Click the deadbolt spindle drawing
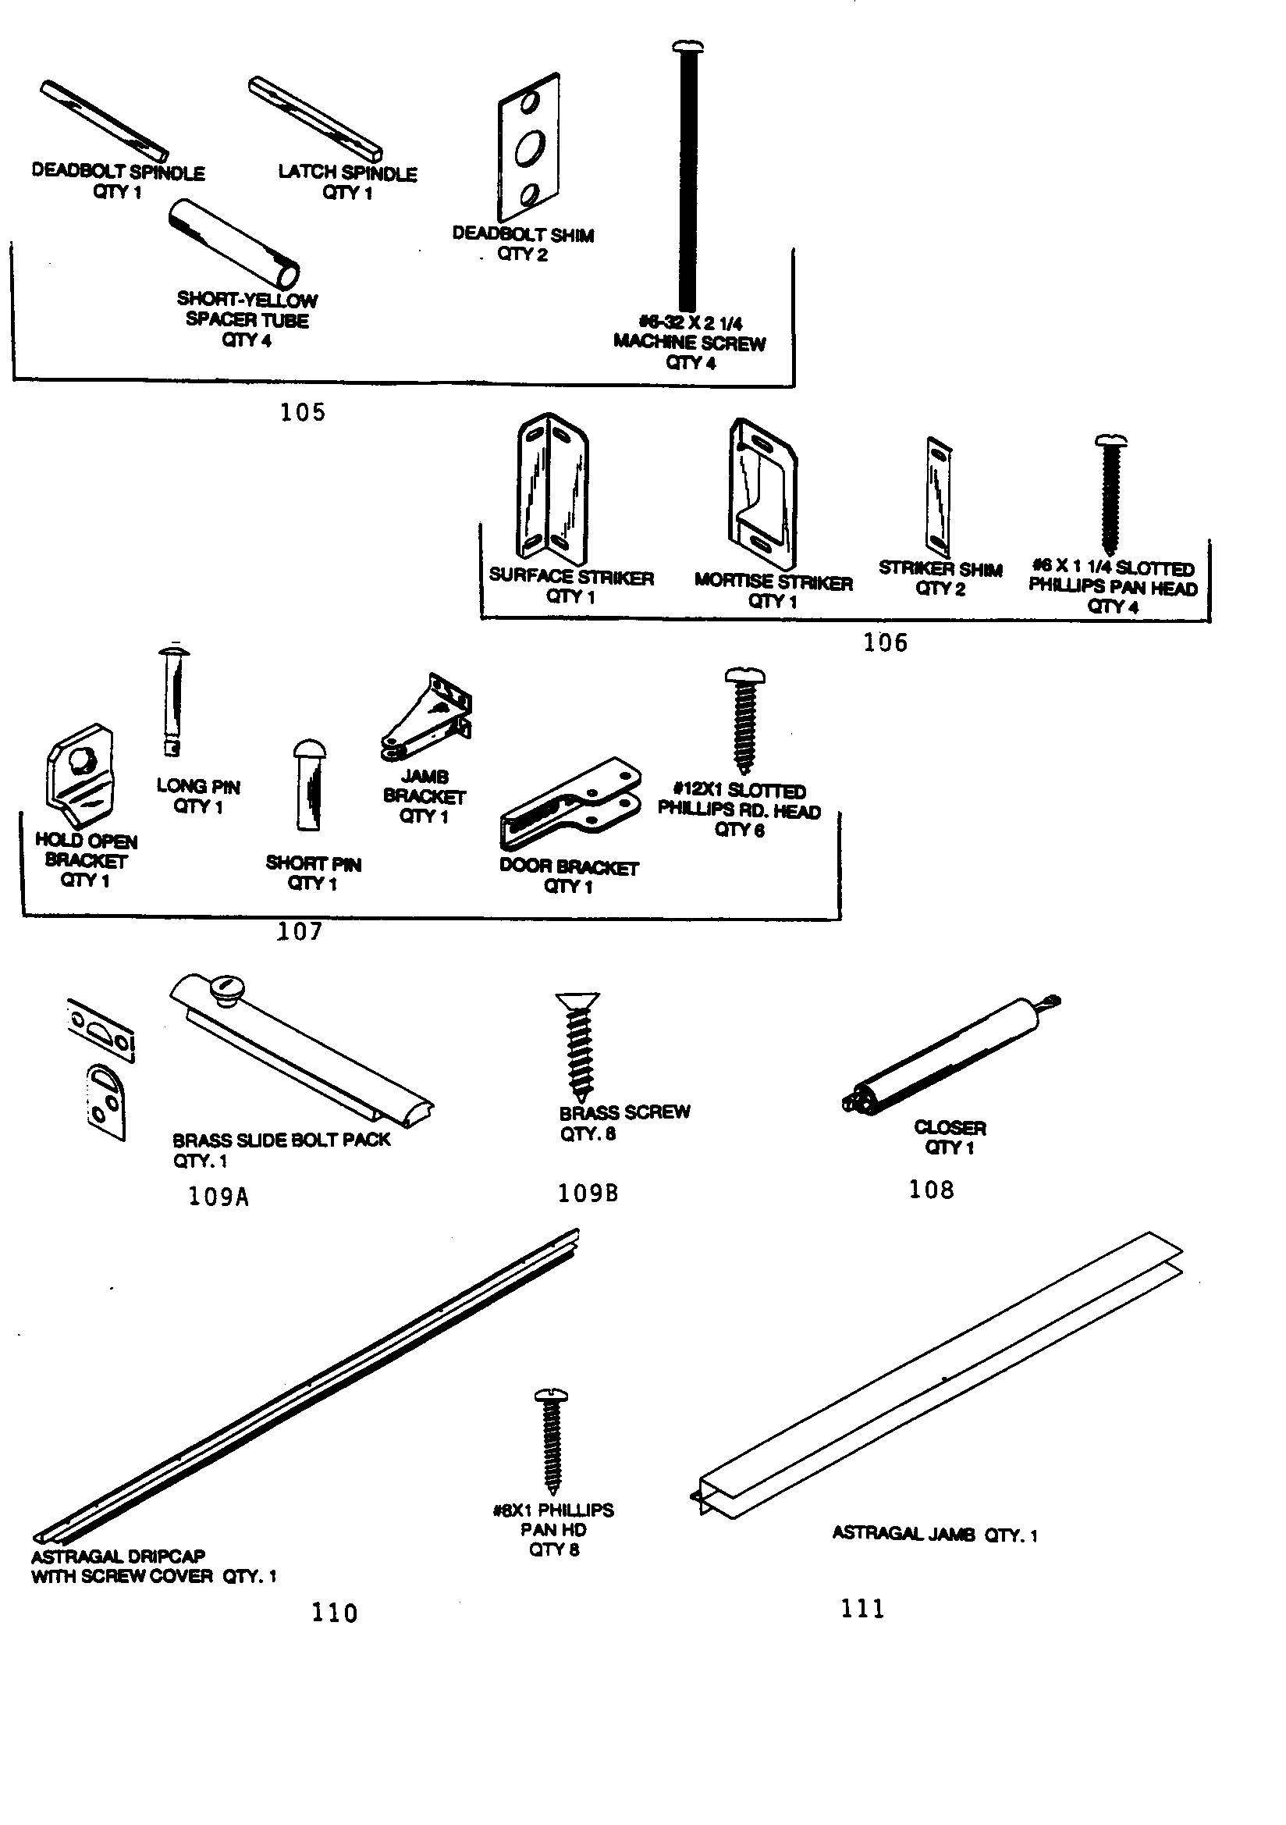tap(104, 120)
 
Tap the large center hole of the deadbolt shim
tap(528, 148)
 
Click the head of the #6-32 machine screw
tap(687, 48)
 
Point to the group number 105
tap(302, 412)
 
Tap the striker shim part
tap(939, 496)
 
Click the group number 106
tap(885, 642)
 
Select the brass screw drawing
tap(578, 1045)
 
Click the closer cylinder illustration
tap(950, 1053)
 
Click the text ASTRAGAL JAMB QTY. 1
tap(934, 1534)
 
